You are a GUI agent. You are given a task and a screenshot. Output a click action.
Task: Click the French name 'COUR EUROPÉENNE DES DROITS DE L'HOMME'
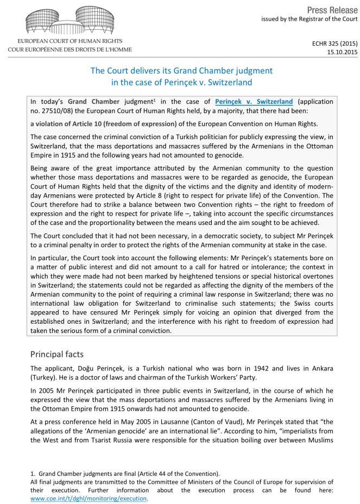pos(70,49)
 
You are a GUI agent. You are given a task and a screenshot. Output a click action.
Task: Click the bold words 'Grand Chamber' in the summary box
pos(92,102)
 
